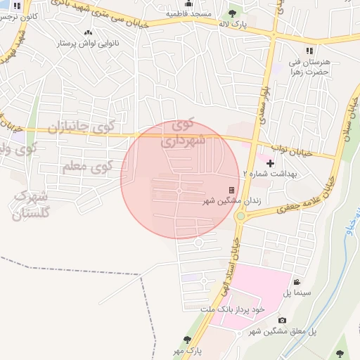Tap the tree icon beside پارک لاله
pos(233,13)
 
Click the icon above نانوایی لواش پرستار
pos(88,32)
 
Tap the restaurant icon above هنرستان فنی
pos(309,51)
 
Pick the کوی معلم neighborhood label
pos(87,167)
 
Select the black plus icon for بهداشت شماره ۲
pos(270,163)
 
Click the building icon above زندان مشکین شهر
pos(231,190)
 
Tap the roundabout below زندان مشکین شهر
pos(240,217)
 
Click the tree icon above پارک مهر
pos(187,339)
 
